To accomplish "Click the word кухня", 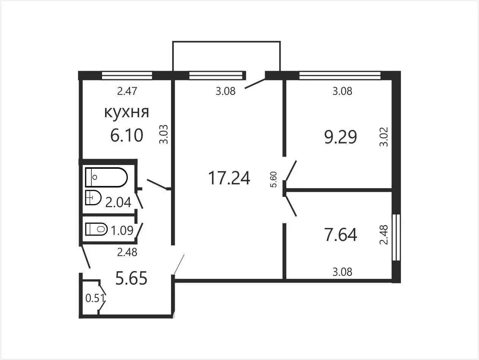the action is (x=127, y=113).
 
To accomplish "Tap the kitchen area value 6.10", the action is (x=127, y=135).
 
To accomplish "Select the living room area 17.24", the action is (x=229, y=178).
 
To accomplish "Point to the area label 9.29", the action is (x=341, y=137).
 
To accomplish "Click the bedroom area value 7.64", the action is (x=341, y=235).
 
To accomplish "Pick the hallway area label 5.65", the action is (x=131, y=278).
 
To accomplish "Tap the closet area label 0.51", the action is (x=95, y=298).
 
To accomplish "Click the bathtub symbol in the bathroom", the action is (x=106, y=177).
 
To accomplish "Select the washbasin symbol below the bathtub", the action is (x=93, y=198).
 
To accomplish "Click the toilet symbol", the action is (x=96, y=229).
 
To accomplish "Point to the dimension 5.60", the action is (x=273, y=179).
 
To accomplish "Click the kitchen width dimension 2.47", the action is (x=127, y=91).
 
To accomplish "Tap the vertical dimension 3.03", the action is (x=164, y=134).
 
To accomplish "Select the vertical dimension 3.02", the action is (x=384, y=137).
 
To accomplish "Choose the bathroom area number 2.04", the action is (x=118, y=202).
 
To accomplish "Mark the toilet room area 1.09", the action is (x=122, y=230).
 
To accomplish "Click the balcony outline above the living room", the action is (x=226, y=41).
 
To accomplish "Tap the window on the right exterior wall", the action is (x=396, y=237).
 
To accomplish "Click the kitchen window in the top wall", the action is (x=127, y=75).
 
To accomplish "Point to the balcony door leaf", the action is (x=255, y=83).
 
